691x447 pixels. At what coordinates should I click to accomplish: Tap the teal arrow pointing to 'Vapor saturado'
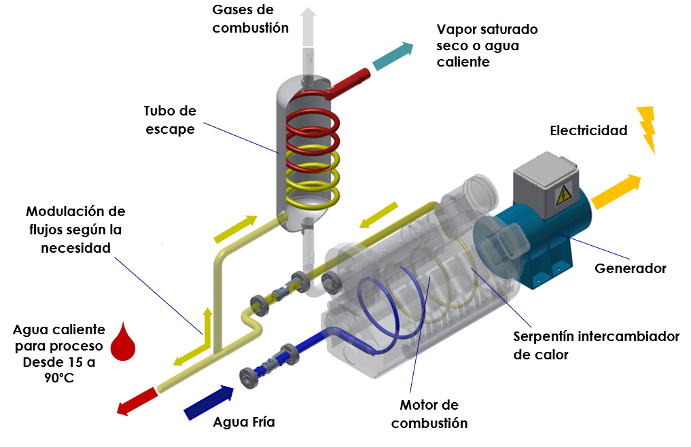click(393, 56)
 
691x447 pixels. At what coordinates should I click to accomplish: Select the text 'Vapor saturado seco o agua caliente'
click(487, 46)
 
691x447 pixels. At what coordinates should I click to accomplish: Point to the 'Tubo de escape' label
click(169, 120)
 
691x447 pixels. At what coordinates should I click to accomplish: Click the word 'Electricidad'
click(588, 130)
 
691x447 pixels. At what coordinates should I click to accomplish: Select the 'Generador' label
click(631, 268)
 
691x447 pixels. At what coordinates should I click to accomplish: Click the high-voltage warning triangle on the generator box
click(563, 196)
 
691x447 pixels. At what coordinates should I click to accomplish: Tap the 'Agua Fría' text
click(244, 422)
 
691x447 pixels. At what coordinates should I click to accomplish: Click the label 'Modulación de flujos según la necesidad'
click(74, 230)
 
